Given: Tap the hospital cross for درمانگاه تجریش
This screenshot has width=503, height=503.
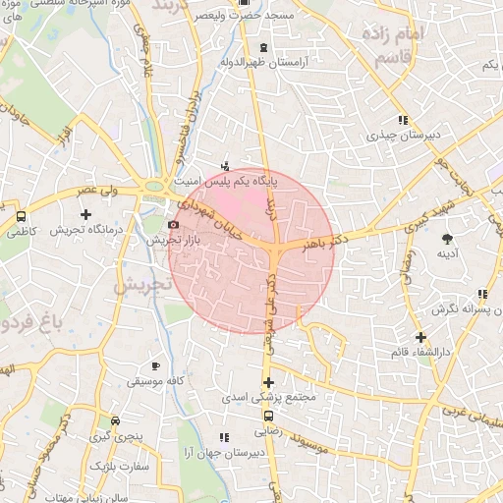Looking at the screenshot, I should click(x=86, y=213).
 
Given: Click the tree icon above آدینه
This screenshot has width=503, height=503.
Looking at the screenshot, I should click(x=448, y=238).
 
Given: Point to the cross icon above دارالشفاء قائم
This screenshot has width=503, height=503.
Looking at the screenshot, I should click(x=420, y=337).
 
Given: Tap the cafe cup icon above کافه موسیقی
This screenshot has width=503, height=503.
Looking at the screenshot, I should click(x=155, y=365).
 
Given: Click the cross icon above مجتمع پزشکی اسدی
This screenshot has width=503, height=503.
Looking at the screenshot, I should click(x=267, y=382).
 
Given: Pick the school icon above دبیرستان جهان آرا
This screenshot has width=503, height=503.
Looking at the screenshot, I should click(x=224, y=436).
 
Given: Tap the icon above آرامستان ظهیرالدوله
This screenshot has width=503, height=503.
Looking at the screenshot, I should click(x=262, y=47).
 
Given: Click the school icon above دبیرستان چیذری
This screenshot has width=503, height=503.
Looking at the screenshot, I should click(x=400, y=119).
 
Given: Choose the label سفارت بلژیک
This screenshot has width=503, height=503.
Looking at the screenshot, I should click(x=122, y=467).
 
